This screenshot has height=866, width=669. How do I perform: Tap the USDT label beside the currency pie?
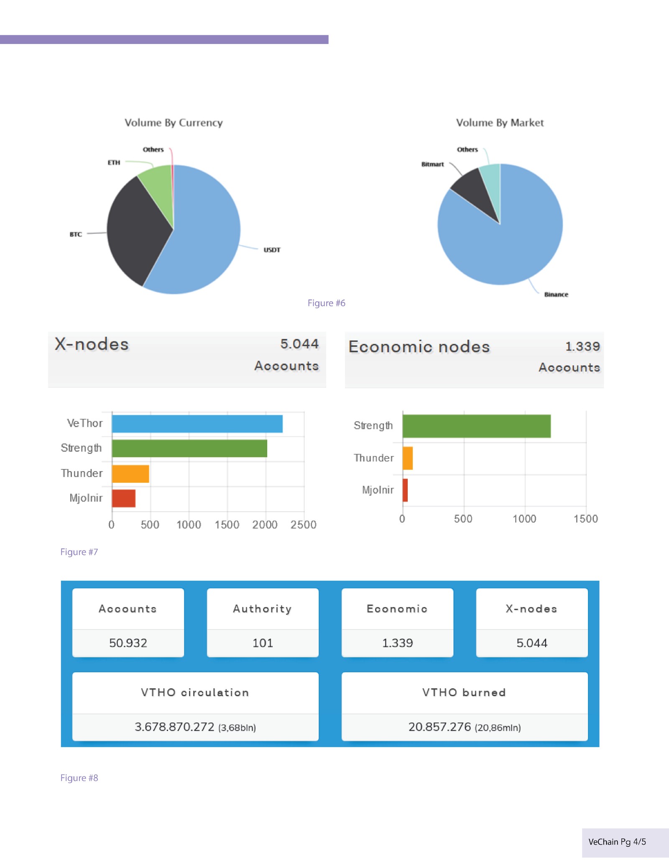tap(272, 250)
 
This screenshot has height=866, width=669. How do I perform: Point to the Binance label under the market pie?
tap(556, 295)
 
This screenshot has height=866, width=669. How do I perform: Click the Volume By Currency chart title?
tap(174, 123)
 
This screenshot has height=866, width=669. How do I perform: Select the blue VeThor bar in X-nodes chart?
tap(197, 424)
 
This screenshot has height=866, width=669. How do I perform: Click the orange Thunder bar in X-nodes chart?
tap(130, 474)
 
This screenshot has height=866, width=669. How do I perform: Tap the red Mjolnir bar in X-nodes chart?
tap(124, 498)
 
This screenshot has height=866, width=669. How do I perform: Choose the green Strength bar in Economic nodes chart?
tap(476, 426)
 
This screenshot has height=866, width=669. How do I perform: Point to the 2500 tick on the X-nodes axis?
tap(303, 525)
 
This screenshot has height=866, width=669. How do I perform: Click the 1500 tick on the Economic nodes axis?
tap(585, 519)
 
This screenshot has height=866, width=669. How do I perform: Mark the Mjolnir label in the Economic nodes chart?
tap(378, 490)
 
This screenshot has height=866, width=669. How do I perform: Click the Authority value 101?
tap(263, 643)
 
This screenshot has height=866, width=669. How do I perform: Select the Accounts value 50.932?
tap(128, 643)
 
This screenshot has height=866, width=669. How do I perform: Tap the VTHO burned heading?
tap(464, 692)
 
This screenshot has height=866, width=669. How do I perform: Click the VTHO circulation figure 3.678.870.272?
tap(174, 727)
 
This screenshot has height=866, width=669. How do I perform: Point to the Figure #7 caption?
tap(79, 552)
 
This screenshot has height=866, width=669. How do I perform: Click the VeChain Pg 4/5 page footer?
tap(617, 842)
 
